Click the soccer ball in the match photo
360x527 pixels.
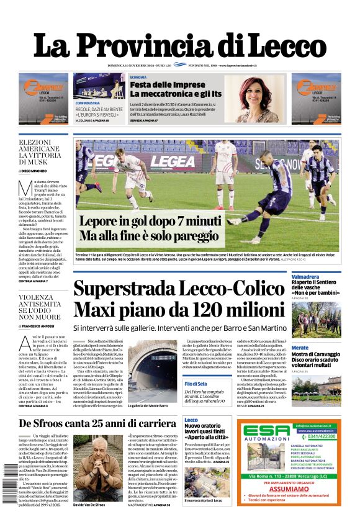click(234, 220)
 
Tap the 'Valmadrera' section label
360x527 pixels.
click(305, 276)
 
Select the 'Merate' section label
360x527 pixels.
click(300, 348)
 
